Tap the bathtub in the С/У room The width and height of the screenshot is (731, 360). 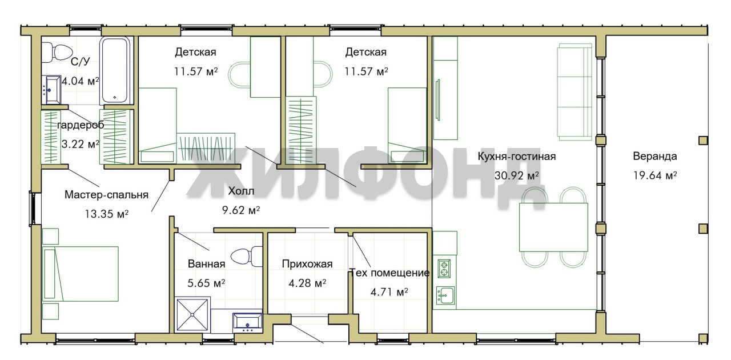click(x=115, y=70)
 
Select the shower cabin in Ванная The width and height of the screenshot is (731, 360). click(x=192, y=315)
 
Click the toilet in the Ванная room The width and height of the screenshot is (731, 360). click(x=246, y=256)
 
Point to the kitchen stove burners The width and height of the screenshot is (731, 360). click(x=444, y=269)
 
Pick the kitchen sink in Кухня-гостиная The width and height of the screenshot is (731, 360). click(x=445, y=295)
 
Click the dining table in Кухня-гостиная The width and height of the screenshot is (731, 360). click(x=553, y=227)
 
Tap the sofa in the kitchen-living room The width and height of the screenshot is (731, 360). click(x=575, y=92)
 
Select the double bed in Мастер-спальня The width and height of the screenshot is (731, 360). click(x=81, y=274)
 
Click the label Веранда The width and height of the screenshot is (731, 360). click(x=654, y=156)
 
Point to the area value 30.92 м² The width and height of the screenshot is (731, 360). click(x=517, y=175)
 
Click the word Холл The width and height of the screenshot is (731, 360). click(x=241, y=191)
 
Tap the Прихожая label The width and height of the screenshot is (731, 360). click(x=307, y=263)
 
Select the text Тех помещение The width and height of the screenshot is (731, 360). click(x=389, y=273)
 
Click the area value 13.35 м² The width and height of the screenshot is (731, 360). click(x=106, y=214)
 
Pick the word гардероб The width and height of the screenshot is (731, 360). click(x=81, y=125)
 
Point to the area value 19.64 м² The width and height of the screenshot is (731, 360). click(x=655, y=175)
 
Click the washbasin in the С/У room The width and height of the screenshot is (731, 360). click(x=51, y=89)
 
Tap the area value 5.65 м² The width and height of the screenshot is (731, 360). click(x=206, y=283)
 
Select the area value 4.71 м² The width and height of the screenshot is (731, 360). click(x=389, y=292)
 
